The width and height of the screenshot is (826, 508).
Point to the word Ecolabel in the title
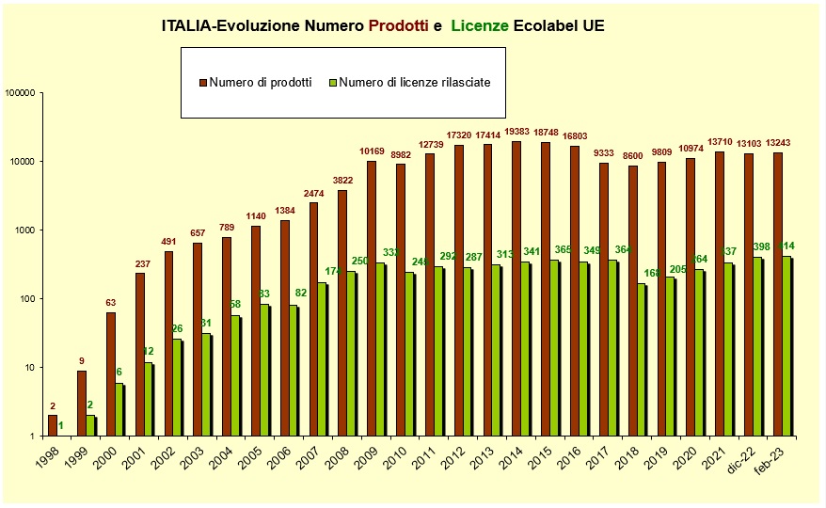point(547,26)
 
